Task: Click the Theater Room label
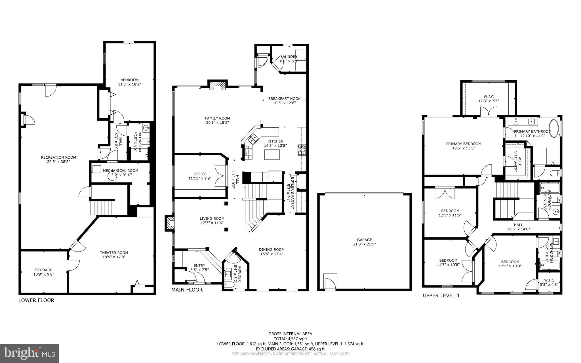tap(114, 253)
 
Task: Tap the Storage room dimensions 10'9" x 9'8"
tap(44, 274)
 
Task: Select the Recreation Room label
tap(58, 157)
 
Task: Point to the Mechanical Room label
tap(120, 171)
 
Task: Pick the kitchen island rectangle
tap(272, 154)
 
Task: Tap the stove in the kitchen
tap(302, 150)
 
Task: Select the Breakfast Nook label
tap(284, 99)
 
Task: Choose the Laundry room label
tap(289, 57)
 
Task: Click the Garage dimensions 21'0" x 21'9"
tap(365, 244)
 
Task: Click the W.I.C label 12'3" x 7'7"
tap(489, 101)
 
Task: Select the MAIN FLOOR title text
tap(187, 290)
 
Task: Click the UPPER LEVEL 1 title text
tap(441, 296)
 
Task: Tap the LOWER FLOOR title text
tap(36, 300)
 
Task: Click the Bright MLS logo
tap(30, 353)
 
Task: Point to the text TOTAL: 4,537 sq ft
tap(290, 339)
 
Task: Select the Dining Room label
tap(271, 250)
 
